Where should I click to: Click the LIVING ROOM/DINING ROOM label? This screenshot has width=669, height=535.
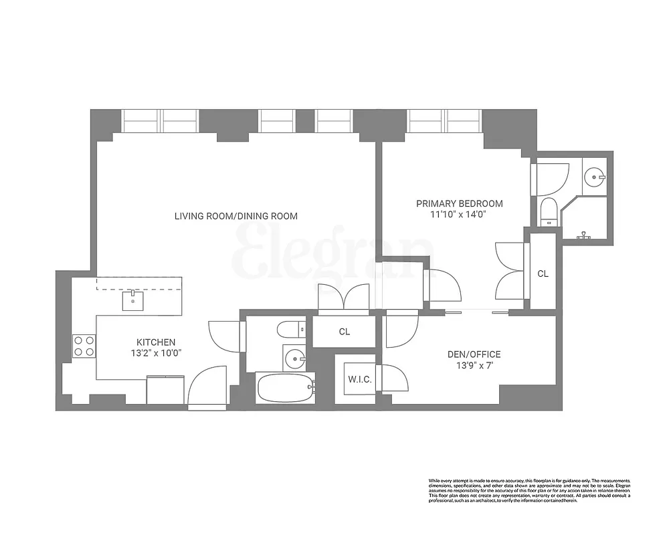[235, 216]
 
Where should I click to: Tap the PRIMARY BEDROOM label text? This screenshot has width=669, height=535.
[459, 203]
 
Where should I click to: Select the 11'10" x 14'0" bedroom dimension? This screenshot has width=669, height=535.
[459, 215]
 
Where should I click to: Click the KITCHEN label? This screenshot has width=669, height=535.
[156, 342]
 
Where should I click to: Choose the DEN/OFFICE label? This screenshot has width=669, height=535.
[474, 354]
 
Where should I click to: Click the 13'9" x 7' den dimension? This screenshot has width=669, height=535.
[474, 366]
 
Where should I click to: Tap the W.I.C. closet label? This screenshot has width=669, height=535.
[359, 380]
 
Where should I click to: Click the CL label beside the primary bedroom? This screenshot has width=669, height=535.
[543, 274]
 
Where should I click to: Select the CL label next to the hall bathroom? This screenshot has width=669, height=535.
[344, 331]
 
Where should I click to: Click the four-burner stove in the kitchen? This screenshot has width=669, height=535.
[84, 346]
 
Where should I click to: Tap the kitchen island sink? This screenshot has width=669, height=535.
[133, 301]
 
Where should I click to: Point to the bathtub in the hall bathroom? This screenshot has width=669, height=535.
[285, 387]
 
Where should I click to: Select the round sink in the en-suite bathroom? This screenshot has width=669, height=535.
[593, 177]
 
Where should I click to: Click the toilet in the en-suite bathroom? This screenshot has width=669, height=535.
[548, 210]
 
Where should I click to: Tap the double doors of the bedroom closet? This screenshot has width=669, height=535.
[510, 270]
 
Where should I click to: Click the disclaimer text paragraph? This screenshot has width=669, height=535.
[529, 488]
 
